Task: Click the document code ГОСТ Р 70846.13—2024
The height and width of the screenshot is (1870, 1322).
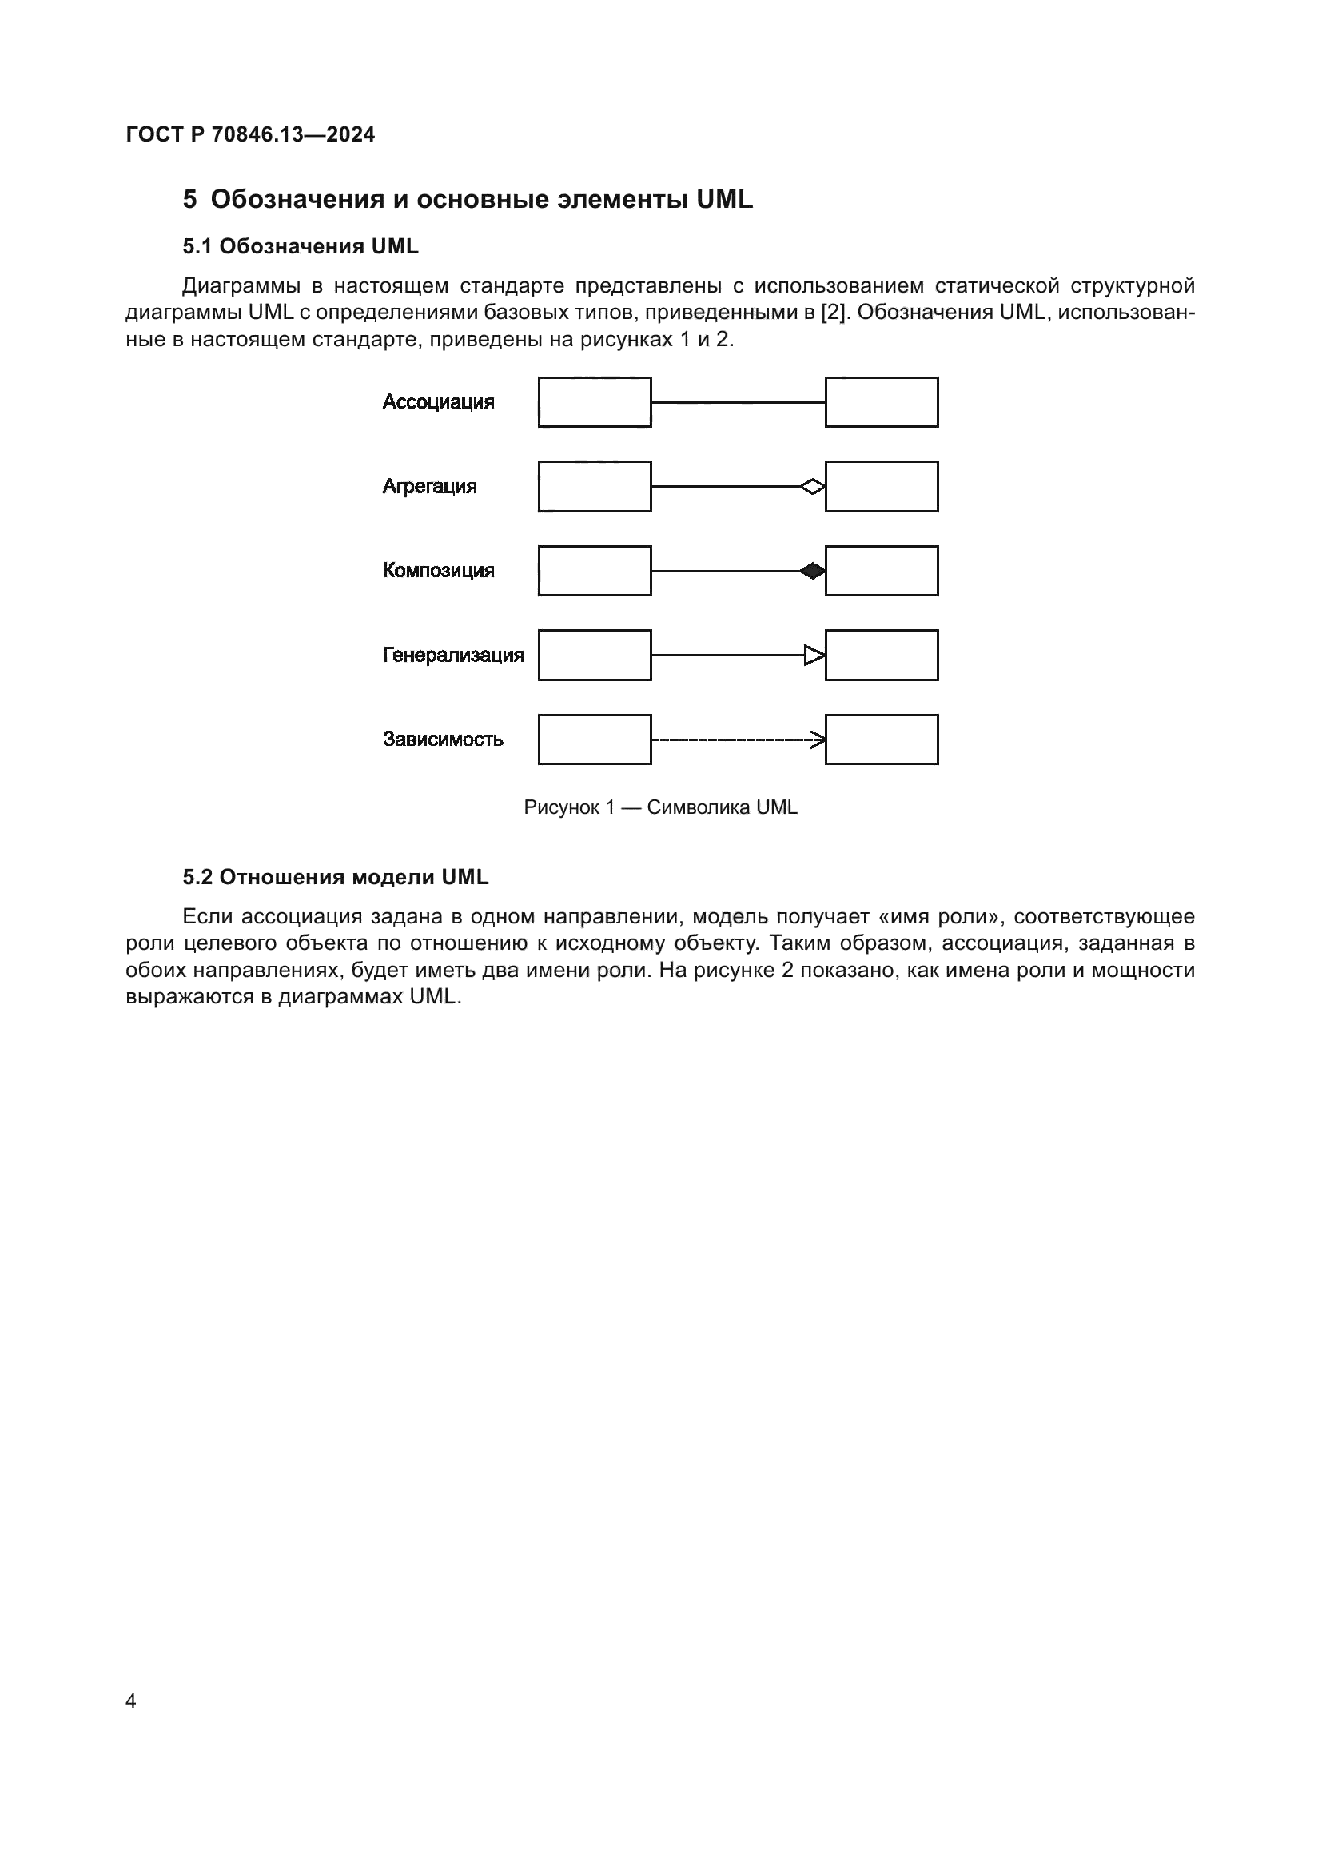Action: (250, 134)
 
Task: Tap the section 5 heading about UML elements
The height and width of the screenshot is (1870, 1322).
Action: (468, 200)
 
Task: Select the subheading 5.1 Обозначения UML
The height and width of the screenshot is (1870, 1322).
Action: (301, 246)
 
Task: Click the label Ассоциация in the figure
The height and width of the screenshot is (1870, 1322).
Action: (438, 401)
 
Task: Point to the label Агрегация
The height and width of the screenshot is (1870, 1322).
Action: (429, 486)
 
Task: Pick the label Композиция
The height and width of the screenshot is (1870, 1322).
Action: (438, 570)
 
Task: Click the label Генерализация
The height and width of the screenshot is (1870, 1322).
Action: (452, 655)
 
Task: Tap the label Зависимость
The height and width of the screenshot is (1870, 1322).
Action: (443, 739)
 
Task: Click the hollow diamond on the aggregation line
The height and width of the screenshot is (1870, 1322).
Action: (812, 487)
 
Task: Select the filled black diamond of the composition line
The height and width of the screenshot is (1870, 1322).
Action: (812, 571)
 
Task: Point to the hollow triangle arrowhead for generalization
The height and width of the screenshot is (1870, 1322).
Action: (814, 655)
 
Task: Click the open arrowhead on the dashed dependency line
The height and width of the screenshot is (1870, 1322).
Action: (818, 740)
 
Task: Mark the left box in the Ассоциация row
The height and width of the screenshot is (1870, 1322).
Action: (594, 401)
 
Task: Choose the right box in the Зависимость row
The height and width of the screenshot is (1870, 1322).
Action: (882, 740)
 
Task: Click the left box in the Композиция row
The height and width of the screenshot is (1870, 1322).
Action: (594, 571)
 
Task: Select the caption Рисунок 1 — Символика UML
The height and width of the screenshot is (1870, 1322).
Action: (660, 807)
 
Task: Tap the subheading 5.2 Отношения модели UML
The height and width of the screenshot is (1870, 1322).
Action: (336, 877)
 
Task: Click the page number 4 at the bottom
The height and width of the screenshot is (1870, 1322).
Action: (131, 1701)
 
